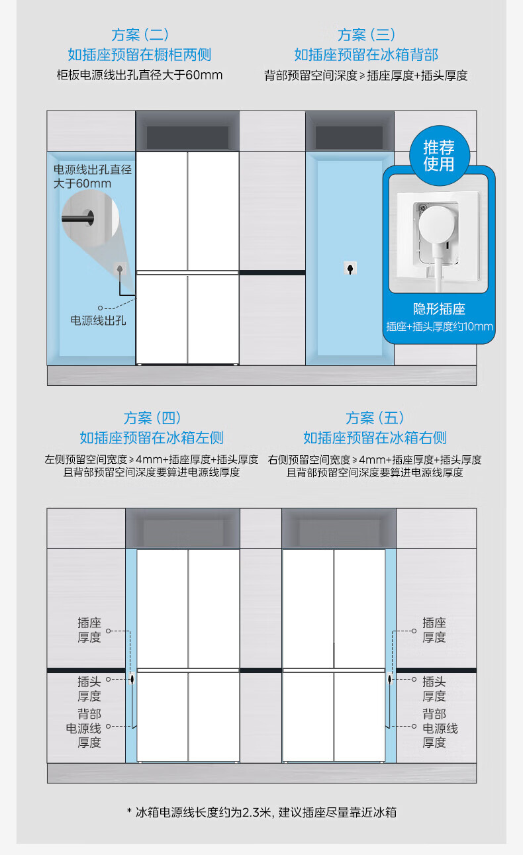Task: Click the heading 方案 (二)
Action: pyautogui.click(x=140, y=34)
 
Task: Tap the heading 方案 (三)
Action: pyautogui.click(x=366, y=34)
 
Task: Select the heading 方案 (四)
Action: pyautogui.click(x=152, y=418)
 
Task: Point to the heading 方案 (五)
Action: pyautogui.click(x=375, y=418)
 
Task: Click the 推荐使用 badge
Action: pyautogui.click(x=439, y=155)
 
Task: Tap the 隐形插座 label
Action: pyautogui.click(x=439, y=309)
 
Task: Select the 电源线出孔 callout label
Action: pyautogui.click(x=99, y=321)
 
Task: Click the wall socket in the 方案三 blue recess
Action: pyautogui.click(x=350, y=268)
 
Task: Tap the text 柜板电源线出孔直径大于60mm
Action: pyautogui.click(x=140, y=75)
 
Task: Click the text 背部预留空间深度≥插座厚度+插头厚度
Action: pyautogui.click(x=366, y=75)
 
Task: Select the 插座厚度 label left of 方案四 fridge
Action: pyautogui.click(x=89, y=630)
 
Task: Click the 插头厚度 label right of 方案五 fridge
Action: pyautogui.click(x=434, y=688)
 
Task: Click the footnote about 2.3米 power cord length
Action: pyautogui.click(x=261, y=812)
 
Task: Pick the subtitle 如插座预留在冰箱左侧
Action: pyautogui.click(x=152, y=437)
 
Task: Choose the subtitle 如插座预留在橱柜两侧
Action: pyautogui.click(x=140, y=54)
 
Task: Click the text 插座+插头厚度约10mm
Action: pyautogui.click(x=439, y=326)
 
